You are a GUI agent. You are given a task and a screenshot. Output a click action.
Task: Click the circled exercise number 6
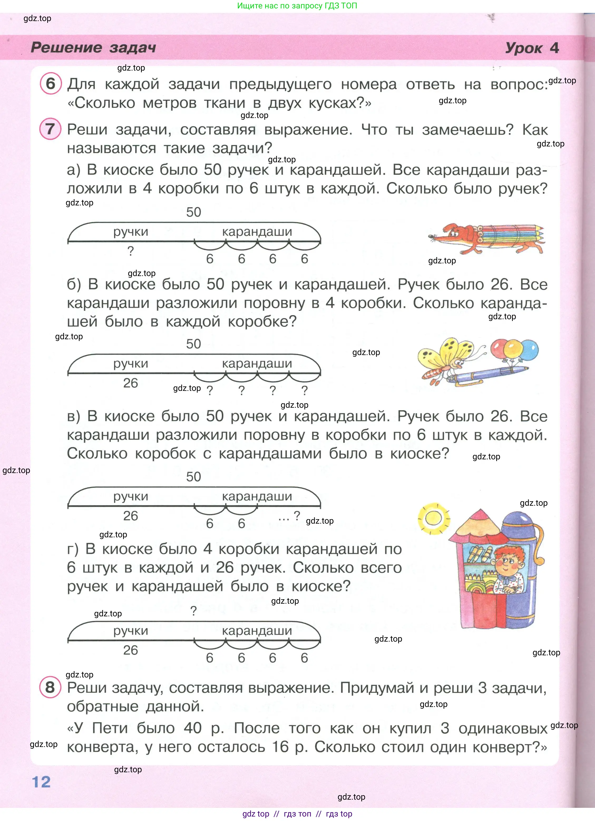click(x=50, y=83)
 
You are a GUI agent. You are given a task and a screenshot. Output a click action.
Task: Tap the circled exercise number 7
click(x=50, y=129)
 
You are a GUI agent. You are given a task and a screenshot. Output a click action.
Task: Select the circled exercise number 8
click(x=50, y=687)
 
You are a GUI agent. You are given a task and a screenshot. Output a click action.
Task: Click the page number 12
click(x=41, y=782)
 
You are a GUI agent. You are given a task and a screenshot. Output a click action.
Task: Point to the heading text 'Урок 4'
click(x=531, y=48)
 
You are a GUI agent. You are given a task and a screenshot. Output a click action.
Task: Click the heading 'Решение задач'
click(x=94, y=47)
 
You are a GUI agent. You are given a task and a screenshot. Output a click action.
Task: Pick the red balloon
click(x=500, y=347)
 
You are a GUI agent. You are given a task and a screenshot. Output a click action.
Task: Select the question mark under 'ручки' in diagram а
click(x=131, y=251)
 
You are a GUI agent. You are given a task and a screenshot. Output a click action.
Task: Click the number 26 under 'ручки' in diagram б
click(x=130, y=383)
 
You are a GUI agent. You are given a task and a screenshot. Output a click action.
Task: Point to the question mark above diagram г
click(x=194, y=611)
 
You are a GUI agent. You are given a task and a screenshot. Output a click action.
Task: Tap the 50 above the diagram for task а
click(x=193, y=212)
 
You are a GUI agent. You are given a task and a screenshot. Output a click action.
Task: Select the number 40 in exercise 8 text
click(x=192, y=728)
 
